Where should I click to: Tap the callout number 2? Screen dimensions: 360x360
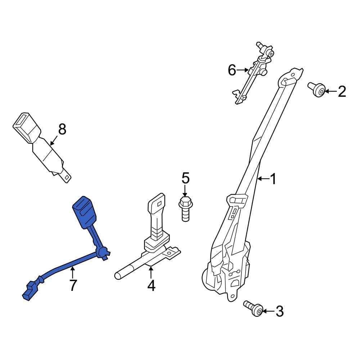coord(341,91)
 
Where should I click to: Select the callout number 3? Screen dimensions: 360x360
coord(279,311)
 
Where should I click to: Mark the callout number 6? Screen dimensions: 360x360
coord(232,70)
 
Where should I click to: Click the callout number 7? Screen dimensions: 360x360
coord(73,285)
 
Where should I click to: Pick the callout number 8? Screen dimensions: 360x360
coord(62,129)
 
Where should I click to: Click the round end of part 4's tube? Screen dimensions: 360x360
coord(117,276)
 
